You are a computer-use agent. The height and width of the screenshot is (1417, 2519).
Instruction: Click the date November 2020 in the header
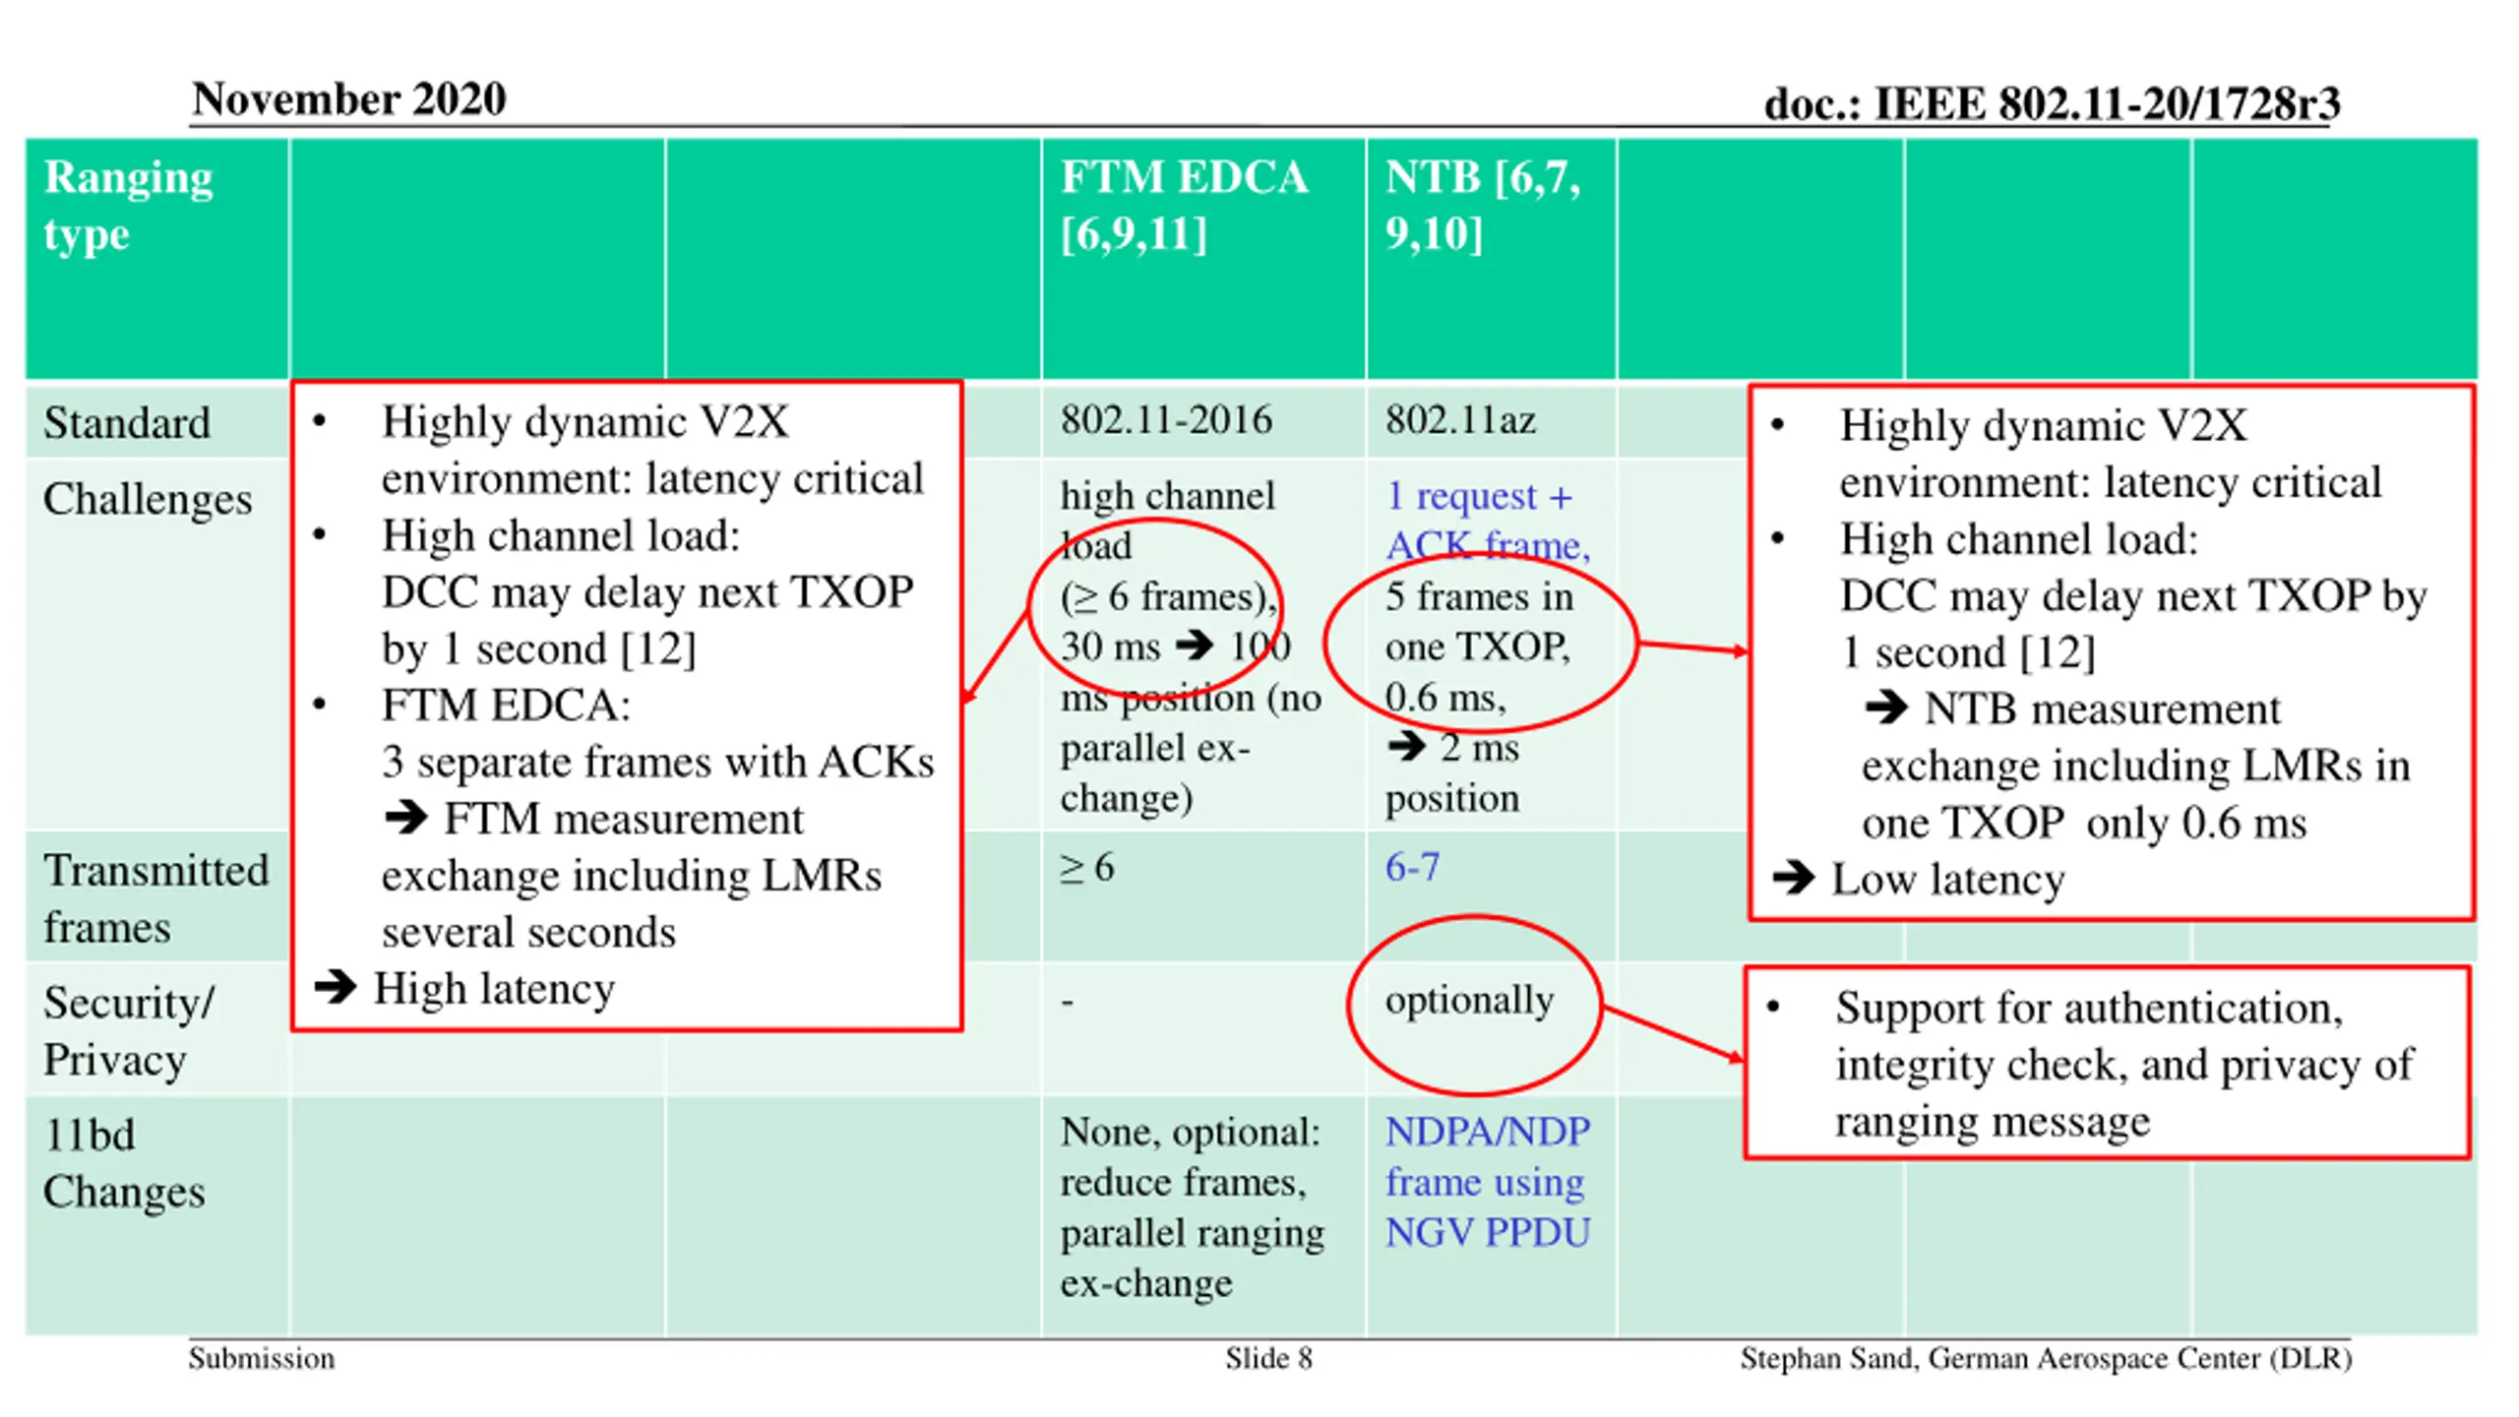point(348,99)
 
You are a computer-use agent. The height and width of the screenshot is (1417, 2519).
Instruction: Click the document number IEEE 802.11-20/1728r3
point(2051,103)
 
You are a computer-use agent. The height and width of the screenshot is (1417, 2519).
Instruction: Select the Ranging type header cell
point(128,206)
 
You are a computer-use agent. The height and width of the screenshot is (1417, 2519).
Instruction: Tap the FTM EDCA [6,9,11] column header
point(1183,206)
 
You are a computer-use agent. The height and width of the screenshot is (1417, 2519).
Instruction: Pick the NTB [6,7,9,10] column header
point(1482,206)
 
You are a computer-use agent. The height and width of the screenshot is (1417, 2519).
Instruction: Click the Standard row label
point(127,423)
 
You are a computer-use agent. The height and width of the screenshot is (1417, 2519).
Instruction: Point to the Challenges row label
point(148,499)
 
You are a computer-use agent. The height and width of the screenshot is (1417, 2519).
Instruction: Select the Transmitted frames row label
point(155,898)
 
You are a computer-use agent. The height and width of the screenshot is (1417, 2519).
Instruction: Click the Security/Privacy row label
point(128,1031)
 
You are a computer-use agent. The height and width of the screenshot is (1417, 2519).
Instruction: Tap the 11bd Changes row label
point(124,1163)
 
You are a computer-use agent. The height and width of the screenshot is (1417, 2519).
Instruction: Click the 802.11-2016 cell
point(1166,420)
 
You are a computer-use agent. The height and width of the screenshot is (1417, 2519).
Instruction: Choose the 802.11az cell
point(1460,420)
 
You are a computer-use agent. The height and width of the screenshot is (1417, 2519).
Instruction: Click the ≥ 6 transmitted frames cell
point(1087,868)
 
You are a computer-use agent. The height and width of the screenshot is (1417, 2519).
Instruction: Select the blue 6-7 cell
point(1412,868)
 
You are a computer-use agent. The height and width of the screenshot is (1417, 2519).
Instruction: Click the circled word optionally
point(1469,1001)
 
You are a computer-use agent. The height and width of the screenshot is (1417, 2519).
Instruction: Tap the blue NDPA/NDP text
point(1487,1132)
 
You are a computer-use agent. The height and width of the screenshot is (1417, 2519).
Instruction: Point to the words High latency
point(494,989)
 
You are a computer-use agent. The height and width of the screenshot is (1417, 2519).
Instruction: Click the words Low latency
point(1947,880)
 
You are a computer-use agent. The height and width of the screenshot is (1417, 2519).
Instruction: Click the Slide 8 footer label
point(1268,1359)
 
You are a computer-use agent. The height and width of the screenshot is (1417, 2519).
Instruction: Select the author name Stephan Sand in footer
point(1827,1359)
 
